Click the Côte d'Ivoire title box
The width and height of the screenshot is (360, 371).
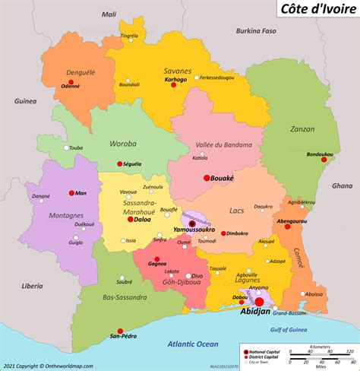[x=311, y=10]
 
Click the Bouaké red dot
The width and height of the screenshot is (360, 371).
[x=207, y=178]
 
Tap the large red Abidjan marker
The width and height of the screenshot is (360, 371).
[x=259, y=302]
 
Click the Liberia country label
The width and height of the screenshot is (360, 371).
[x=32, y=286]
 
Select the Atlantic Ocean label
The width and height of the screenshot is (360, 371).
[x=187, y=344]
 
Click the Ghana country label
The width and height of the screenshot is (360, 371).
[x=342, y=185]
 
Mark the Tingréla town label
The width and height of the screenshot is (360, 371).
[x=130, y=35]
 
